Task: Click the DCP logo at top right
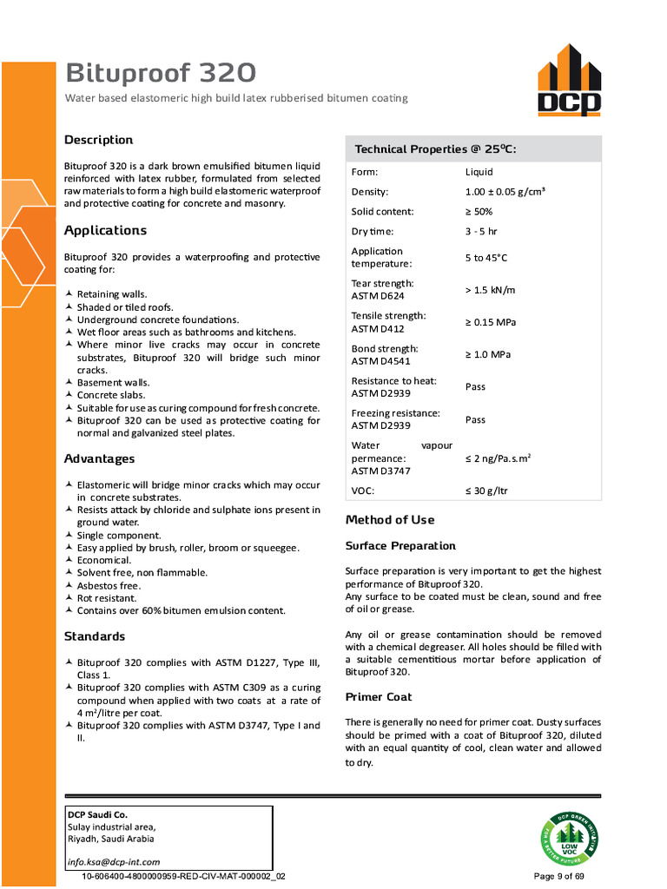pos(568,81)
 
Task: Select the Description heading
pos(98,140)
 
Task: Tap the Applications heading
pos(105,230)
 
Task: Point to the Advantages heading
pos(99,458)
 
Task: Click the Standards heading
pos(94,636)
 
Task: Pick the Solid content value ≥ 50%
pos(479,212)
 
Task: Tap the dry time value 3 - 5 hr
pos(481,232)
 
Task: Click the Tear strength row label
pos(382,289)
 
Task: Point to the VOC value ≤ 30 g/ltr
pos(486,491)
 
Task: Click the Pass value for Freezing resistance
pos(475,419)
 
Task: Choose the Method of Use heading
pos(390,520)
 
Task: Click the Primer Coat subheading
pos(379,697)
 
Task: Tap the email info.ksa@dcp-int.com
pos(114,862)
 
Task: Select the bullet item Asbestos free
pos(109,586)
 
